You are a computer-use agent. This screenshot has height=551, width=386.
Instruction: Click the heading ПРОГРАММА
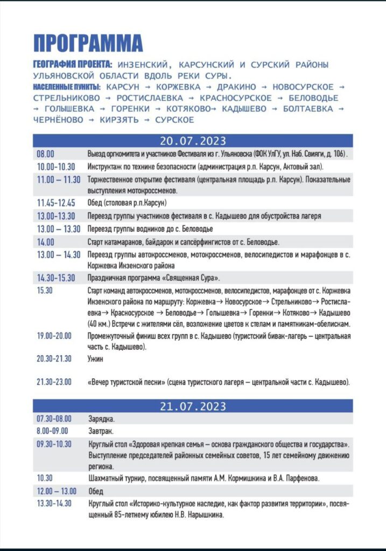point(88,43)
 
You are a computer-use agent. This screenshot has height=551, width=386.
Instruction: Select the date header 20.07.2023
point(193,142)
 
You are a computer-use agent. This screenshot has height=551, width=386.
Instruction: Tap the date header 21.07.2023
point(193,406)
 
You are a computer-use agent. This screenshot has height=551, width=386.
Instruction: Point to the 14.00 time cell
point(46,242)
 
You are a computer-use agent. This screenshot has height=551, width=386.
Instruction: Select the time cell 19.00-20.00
point(54,336)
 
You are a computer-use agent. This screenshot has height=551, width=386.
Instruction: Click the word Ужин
point(95,358)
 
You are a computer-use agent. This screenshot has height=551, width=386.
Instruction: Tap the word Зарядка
point(101,419)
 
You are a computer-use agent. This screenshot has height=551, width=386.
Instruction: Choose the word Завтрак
point(101,431)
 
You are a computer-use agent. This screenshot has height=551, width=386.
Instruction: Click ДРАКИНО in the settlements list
point(236,87)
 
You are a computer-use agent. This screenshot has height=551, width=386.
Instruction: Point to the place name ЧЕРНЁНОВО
point(55,120)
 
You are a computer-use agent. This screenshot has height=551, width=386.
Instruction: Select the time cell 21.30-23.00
point(54,382)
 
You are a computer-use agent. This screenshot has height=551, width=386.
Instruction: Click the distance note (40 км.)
point(100,323)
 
